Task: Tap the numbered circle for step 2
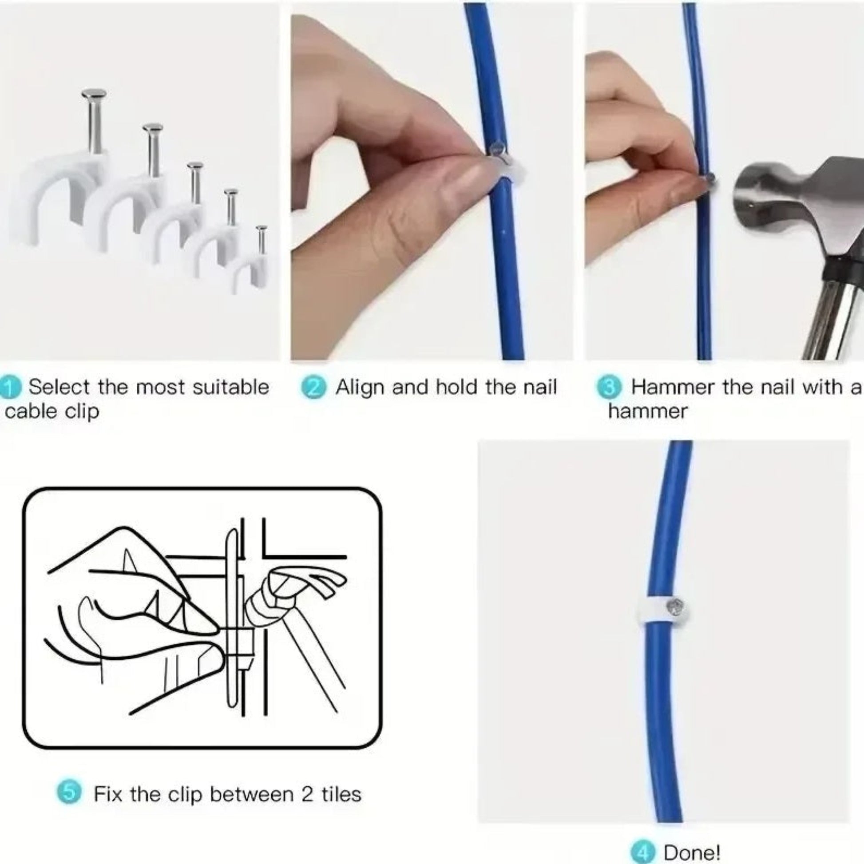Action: (313, 387)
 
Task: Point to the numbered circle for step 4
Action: (642, 852)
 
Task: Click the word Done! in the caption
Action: (691, 852)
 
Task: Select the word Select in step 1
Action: (59, 387)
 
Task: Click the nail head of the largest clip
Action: (94, 95)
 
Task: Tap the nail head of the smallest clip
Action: (261, 229)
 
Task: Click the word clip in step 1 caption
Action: (82, 412)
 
